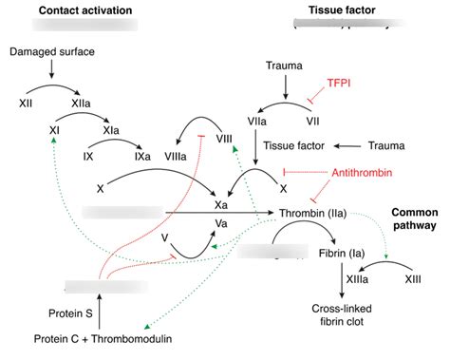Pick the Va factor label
click(x=220, y=222)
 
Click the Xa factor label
click(x=220, y=205)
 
